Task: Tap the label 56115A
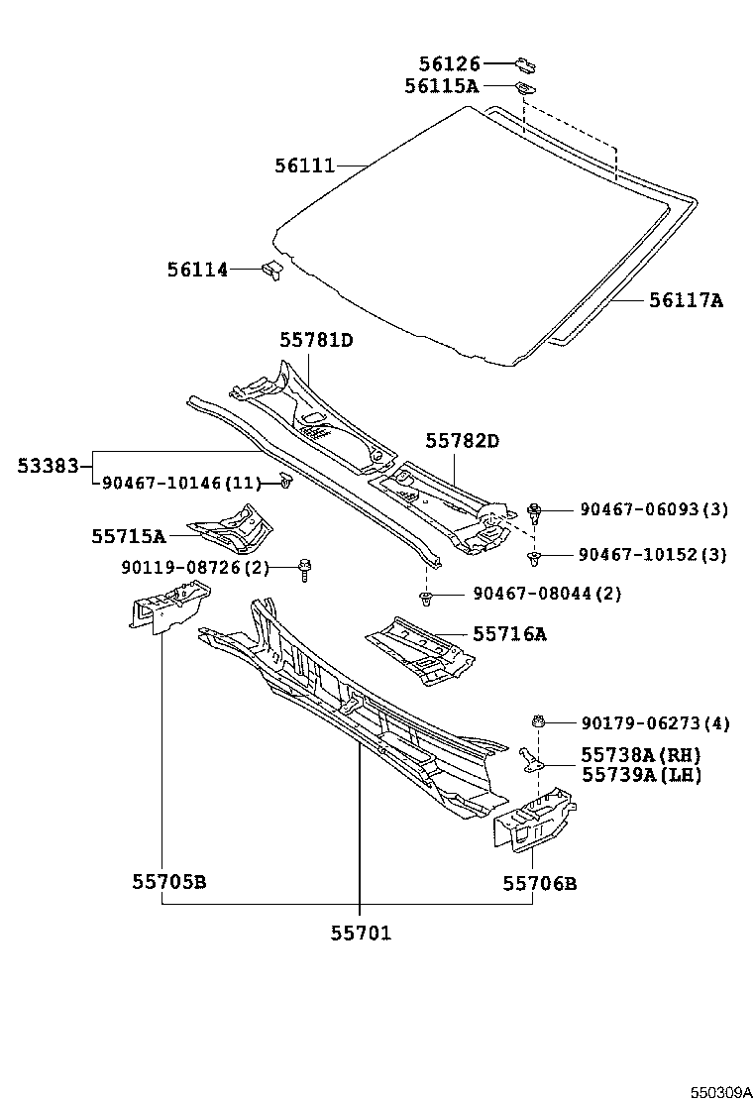(x=441, y=87)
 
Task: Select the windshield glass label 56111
(x=304, y=165)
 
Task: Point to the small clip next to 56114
(x=271, y=269)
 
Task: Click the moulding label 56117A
(x=686, y=300)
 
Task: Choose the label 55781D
(x=315, y=340)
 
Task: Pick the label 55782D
(x=463, y=440)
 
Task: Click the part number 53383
(x=47, y=464)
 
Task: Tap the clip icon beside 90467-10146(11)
(x=285, y=483)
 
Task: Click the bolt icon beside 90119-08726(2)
(x=303, y=570)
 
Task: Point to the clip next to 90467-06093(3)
(x=535, y=511)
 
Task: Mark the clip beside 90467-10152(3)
(x=535, y=558)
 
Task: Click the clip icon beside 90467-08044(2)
(x=425, y=597)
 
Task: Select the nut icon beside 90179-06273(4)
(x=538, y=721)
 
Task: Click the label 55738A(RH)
(x=640, y=755)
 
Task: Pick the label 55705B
(x=168, y=882)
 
